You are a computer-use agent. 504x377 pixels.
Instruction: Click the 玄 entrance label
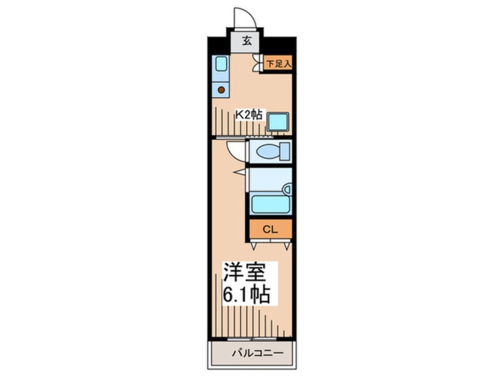[x=247, y=41]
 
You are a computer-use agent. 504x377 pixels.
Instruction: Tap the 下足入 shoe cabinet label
[x=278, y=64]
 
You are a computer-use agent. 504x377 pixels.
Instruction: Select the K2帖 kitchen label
[x=249, y=115]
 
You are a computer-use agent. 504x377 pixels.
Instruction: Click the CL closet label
[x=270, y=230]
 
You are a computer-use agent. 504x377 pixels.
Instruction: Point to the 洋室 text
[x=245, y=271]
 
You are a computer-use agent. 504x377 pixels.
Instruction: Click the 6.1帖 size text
[x=246, y=294]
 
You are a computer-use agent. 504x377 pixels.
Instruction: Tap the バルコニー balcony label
[x=258, y=353]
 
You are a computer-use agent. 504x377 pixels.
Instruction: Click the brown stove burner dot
[x=221, y=90]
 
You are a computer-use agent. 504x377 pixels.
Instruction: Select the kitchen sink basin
[x=221, y=64]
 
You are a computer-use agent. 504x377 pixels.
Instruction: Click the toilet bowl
[x=269, y=151]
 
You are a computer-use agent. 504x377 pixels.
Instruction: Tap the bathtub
[x=270, y=204]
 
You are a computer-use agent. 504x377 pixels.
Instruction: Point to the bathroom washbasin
[x=287, y=189]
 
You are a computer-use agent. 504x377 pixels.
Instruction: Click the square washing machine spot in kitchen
[x=278, y=122]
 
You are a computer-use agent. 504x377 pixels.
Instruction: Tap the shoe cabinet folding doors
[x=257, y=63]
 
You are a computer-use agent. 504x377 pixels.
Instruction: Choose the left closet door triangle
[x=254, y=246]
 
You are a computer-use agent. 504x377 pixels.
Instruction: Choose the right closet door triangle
[x=287, y=246]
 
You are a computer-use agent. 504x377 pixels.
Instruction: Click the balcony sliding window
[x=252, y=339]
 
